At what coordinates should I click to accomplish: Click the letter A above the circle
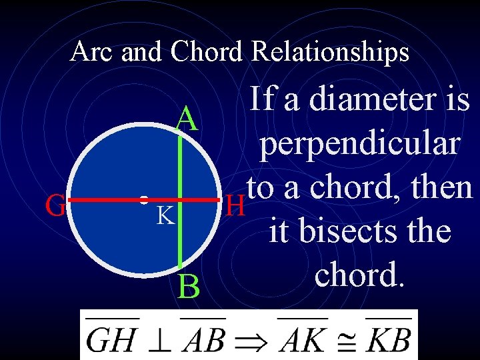(187, 120)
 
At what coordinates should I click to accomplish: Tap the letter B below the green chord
(189, 288)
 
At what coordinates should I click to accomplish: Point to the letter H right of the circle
(234, 206)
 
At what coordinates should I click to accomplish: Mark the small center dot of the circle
(143, 199)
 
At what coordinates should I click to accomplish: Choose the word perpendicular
(360, 145)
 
